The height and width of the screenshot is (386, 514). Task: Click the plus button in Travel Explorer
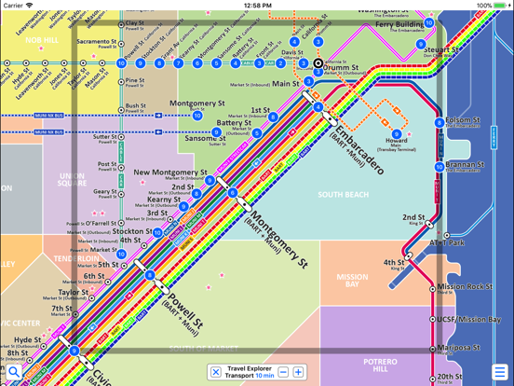coord(299,372)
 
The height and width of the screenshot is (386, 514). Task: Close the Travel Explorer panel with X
coord(216,372)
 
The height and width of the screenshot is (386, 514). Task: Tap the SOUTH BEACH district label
coord(343,195)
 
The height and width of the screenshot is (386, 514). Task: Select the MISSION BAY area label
coord(353,281)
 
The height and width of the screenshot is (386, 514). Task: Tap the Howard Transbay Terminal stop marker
coord(397,134)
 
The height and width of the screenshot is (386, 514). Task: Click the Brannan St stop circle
coord(440,168)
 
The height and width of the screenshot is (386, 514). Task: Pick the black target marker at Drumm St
coord(318,64)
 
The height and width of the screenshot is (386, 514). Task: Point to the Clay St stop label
coord(134,22)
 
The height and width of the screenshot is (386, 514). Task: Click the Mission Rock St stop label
coord(465,286)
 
